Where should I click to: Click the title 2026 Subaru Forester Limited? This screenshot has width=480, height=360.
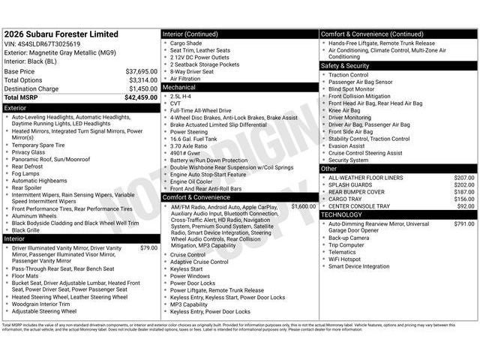click(61, 34)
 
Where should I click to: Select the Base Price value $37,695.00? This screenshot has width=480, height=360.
click(142, 71)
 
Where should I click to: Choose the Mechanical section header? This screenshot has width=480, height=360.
click(179, 87)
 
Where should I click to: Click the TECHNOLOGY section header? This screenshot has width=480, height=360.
click(342, 214)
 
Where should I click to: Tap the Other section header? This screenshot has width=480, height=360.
click(329, 169)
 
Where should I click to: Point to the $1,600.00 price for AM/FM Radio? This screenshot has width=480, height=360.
click(303, 205)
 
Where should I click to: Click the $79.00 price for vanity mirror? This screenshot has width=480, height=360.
click(148, 247)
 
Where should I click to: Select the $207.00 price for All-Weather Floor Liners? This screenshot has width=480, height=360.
click(464, 178)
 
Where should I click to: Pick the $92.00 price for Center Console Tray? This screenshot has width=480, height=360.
click(466, 205)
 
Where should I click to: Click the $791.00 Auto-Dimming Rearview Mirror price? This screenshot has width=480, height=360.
click(464, 223)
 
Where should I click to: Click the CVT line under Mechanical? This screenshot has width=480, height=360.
click(176, 103)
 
